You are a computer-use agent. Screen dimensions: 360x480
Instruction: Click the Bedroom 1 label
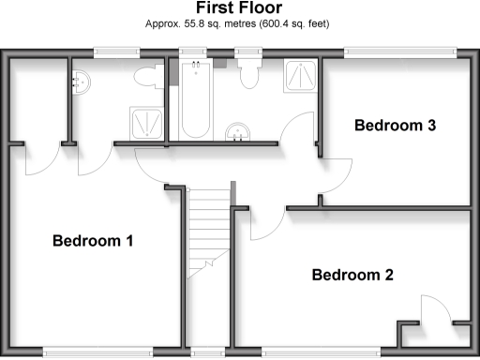(x=92, y=241)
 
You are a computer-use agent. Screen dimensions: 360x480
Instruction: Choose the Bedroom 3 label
(x=397, y=126)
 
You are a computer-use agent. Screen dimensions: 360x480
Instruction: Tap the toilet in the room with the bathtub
(x=249, y=73)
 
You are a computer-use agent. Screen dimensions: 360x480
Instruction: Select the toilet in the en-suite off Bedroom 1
(x=144, y=78)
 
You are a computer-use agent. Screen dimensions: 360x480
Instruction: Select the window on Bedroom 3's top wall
(x=402, y=53)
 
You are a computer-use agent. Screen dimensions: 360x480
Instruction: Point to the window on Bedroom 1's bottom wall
(x=99, y=352)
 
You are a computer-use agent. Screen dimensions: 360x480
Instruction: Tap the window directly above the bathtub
(x=195, y=53)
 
